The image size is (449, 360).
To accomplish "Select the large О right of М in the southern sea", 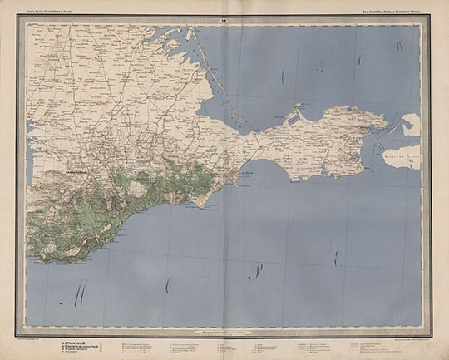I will tap(170, 286).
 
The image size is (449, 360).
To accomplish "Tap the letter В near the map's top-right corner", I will tap(398, 47).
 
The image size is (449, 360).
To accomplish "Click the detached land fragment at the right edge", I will tap(411, 125).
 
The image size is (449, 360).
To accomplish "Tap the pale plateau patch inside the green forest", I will tap(137, 189).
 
